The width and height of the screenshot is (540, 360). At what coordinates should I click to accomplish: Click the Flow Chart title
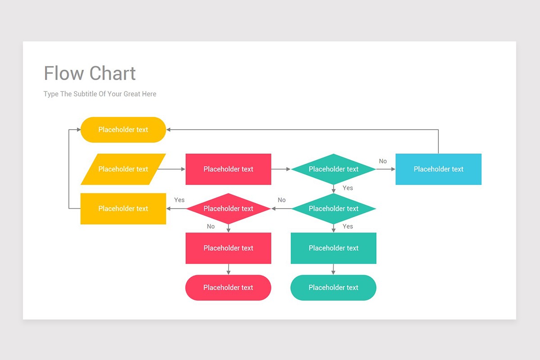coord(90,73)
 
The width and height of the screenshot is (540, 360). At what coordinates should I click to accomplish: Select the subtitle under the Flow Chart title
coord(100,94)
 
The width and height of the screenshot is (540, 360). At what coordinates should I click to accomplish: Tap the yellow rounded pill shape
coord(123,130)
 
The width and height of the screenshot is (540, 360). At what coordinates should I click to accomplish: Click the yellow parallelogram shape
coord(123,169)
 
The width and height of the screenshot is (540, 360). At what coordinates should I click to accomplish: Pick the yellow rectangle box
coord(123,209)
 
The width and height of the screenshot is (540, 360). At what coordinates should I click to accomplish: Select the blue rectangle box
coord(438,169)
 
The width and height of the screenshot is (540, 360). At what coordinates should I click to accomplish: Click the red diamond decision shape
coord(228,209)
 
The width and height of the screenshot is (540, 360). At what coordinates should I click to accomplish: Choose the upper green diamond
coord(333,169)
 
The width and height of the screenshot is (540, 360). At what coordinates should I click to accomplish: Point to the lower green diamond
coord(333,209)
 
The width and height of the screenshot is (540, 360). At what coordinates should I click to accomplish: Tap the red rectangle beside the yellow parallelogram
coord(228,169)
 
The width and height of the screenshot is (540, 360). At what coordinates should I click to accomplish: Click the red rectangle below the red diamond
coord(228,248)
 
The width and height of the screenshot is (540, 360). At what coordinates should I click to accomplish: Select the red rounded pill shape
coord(228,288)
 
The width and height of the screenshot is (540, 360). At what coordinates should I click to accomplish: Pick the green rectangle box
coord(333,248)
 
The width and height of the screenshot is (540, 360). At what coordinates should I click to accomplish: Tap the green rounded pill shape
coord(333,288)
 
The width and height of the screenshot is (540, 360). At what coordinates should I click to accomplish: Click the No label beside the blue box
coord(382,161)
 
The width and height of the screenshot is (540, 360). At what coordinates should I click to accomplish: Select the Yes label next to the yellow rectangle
coord(179,200)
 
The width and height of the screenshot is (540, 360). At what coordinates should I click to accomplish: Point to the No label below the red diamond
coord(211,226)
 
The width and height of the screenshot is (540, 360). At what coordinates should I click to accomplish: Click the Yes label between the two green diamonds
coord(347,188)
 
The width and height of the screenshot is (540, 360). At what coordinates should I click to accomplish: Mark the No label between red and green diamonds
coord(281,200)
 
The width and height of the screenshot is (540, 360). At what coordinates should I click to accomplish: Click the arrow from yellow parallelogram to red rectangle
coord(172,169)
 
